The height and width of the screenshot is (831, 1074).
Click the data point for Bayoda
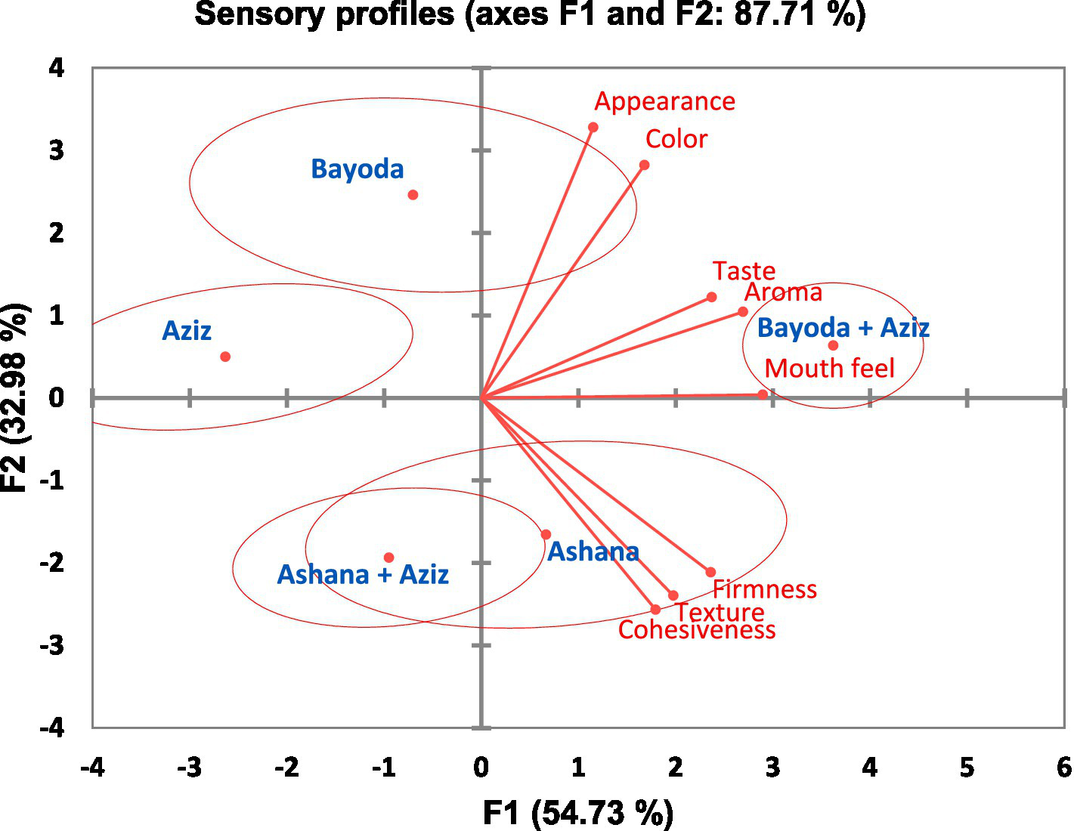[413, 195]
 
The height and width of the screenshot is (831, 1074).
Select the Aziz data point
[225, 357]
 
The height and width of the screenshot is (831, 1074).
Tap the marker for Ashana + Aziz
[388, 558]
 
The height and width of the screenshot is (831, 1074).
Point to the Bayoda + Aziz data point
[833, 345]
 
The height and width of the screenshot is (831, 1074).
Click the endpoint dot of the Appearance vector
[593, 127]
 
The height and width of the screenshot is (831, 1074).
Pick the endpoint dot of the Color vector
[644, 165]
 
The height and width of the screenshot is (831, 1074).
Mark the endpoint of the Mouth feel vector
[763, 394]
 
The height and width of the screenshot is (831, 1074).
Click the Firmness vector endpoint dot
[710, 572]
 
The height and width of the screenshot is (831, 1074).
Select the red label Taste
[744, 271]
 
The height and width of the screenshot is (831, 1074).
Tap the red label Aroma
[783, 292]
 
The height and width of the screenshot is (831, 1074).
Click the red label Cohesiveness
[697, 630]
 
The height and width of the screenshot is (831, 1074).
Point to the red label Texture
[720, 612]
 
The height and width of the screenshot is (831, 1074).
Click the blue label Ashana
[593, 552]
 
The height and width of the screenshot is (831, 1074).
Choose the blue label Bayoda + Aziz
[843, 328]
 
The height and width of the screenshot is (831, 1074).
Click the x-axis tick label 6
[1063, 768]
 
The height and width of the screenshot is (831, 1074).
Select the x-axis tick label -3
[189, 768]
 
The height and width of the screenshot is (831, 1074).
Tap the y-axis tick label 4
[57, 68]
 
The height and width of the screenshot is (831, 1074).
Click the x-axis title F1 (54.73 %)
[578, 813]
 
